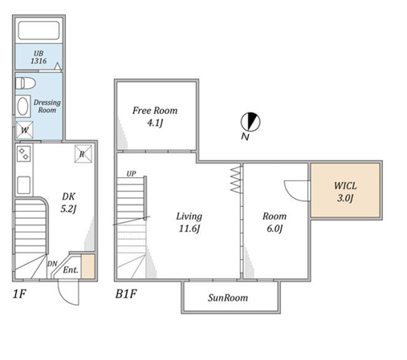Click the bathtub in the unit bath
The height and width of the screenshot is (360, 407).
coord(39,30)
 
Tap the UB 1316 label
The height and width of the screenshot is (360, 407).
coord(39,57)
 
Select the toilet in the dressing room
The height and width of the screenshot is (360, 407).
coord(26,83)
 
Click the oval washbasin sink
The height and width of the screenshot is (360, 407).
coord(22,106)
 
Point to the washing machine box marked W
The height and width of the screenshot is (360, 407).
coord(24,130)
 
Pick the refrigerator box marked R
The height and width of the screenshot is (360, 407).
coord(83,154)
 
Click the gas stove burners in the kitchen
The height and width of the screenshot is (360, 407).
coord(23,154)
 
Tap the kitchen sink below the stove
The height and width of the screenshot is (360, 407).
coord(23,185)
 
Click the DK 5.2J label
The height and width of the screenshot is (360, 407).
coord(68,203)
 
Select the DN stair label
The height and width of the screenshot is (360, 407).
coord(52,264)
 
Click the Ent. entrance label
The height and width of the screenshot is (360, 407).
coord(71,270)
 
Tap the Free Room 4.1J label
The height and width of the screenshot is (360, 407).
coord(155,116)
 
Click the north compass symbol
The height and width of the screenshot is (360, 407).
coord(250,122)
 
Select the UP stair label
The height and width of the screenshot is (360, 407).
coord(131,174)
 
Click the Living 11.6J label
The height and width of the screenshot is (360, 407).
coord(189,222)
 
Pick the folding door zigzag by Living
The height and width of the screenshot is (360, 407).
coord(236,180)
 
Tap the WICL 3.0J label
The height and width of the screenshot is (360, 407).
coord(345,192)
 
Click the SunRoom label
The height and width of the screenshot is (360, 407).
coord(228,297)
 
